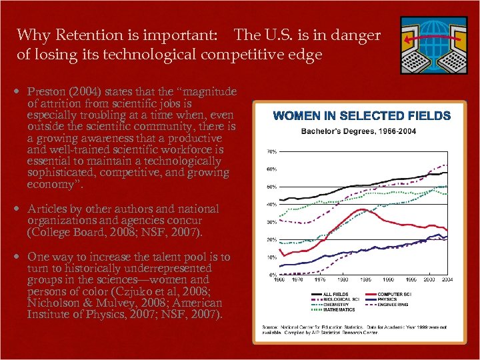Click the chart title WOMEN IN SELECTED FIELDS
(x=362, y=116)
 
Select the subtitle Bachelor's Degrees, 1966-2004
(x=358, y=131)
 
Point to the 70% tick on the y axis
(x=272, y=152)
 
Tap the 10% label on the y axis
(x=272, y=257)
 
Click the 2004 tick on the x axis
(x=447, y=279)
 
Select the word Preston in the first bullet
(x=47, y=91)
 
